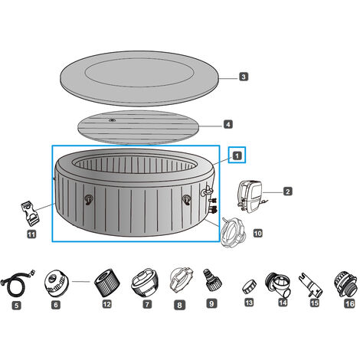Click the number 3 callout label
244,77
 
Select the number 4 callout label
228,124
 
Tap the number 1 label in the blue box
237,155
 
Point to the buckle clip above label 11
30,214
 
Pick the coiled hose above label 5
18,283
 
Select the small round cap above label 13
249,286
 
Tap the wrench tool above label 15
311,286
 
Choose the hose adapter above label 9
212,280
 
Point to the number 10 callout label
257,233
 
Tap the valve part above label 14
278,285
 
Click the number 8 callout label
179,305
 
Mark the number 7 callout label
147,304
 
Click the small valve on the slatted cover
112,120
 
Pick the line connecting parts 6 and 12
81,282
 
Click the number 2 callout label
288,191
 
